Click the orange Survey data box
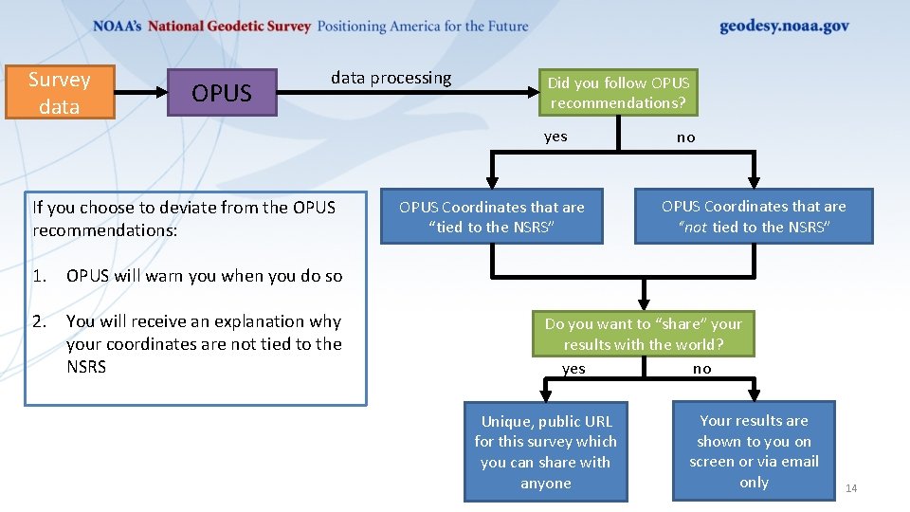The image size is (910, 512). click(59, 92)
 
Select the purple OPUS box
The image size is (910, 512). click(222, 93)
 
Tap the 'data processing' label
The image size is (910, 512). click(391, 78)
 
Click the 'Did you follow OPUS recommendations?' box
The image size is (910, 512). click(618, 93)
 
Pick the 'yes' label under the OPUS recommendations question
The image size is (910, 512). click(555, 137)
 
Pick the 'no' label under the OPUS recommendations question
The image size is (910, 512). click(685, 137)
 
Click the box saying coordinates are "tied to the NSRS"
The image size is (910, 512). click(491, 217)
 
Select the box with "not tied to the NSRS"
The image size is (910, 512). click(754, 216)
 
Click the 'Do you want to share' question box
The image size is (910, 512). click(643, 334)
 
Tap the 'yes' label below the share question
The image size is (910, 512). click(573, 369)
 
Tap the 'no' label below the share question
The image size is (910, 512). click(701, 369)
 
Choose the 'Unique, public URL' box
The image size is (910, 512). click(545, 451)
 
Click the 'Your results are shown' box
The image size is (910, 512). click(754, 451)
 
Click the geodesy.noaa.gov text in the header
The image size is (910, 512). click(784, 27)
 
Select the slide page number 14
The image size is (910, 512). click(850, 488)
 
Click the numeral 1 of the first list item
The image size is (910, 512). click(38, 276)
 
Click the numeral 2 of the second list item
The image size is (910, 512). click(38, 321)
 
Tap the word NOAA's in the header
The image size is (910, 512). click(118, 27)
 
